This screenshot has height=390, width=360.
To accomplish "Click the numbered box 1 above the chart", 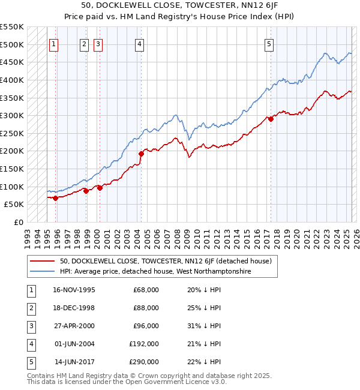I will tap(54, 44).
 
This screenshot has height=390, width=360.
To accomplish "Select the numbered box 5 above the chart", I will tap(268, 44).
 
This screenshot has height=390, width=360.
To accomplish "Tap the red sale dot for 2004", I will tap(142, 154).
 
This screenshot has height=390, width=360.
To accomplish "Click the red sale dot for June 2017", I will tap(271, 119).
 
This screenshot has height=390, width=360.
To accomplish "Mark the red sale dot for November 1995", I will tap(56, 198).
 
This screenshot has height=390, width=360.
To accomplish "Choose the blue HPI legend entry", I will tap(155, 272).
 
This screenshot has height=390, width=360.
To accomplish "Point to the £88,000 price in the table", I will tap(146, 308).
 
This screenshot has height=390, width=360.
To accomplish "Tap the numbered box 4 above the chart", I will tap(139, 44).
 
